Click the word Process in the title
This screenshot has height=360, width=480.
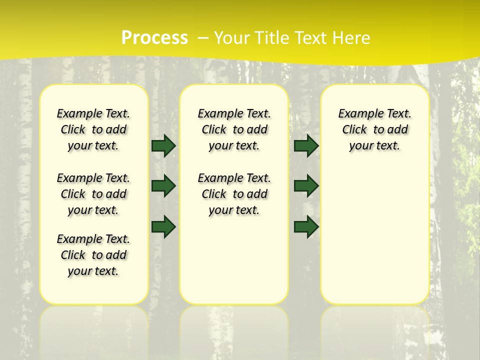(154, 38)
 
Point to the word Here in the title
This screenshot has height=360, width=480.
(352, 38)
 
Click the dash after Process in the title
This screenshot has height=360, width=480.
(203, 38)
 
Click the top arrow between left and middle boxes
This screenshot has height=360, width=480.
(163, 146)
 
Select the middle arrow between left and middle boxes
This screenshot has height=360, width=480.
(163, 186)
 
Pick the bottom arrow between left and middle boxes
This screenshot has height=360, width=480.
(163, 226)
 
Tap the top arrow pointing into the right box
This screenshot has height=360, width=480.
(306, 146)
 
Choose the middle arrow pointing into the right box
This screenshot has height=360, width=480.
(306, 186)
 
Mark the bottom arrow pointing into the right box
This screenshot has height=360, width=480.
(306, 226)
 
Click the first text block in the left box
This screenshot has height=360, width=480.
(93, 129)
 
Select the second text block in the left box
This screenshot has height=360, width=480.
(93, 194)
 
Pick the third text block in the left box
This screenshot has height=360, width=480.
(93, 255)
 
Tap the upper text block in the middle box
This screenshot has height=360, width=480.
(234, 129)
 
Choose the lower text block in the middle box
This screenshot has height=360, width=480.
(234, 194)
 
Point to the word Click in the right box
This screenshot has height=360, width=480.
(354, 130)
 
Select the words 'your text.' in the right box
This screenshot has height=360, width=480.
(374, 146)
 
